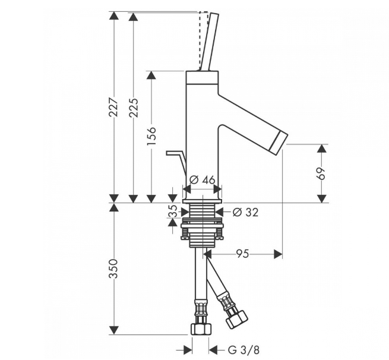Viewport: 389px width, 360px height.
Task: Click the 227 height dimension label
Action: [x=114, y=107]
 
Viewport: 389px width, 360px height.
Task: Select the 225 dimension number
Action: [x=134, y=108]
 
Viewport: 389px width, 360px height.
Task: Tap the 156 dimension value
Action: [x=151, y=136]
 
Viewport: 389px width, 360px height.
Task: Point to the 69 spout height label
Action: [x=321, y=173]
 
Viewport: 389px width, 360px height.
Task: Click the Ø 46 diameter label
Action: [x=202, y=180]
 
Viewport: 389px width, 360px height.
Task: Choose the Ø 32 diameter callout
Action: [x=245, y=212]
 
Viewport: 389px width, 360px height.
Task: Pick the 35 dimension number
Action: [x=174, y=211]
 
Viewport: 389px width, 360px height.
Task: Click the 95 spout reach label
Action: [x=242, y=254]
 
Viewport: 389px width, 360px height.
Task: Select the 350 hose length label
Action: [x=113, y=269]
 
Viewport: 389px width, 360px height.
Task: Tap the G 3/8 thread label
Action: [x=243, y=350]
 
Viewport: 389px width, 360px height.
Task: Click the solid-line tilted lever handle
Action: [x=210, y=42]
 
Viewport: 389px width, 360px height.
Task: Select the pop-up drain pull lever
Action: [x=176, y=160]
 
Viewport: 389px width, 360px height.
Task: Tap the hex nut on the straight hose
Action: [x=201, y=329]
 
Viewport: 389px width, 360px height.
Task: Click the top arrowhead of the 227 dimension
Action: [x=114, y=15]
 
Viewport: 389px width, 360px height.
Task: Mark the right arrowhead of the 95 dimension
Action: [x=278, y=254]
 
